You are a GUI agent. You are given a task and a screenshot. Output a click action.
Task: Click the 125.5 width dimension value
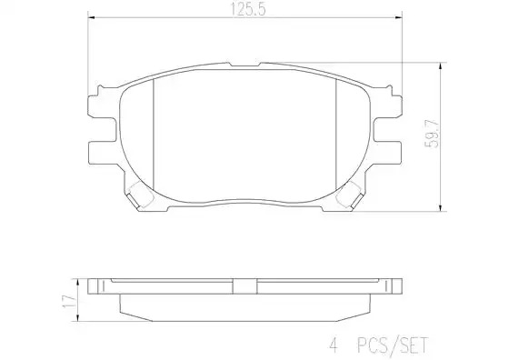247,9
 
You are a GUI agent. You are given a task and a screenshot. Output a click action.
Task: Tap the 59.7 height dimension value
432,134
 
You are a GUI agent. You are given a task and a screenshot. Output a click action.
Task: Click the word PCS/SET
393,345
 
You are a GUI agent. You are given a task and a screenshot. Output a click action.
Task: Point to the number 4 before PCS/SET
334,345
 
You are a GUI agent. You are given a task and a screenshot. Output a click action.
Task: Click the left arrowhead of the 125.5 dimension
91,17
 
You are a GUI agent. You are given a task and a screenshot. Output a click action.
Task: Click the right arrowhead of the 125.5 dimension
399,17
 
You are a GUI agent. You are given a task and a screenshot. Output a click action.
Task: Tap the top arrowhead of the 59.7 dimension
440,65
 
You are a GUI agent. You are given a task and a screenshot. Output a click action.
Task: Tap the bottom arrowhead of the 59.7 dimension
440,208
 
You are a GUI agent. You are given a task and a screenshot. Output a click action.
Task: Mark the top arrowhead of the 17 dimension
77,282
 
